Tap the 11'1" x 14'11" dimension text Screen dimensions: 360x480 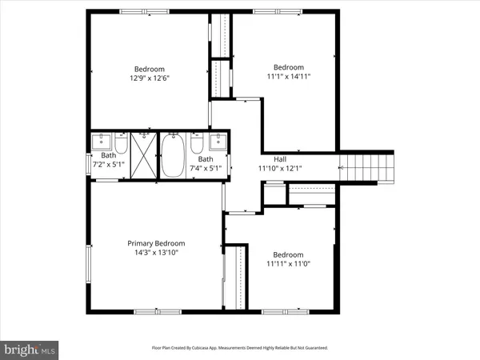tap(288, 77)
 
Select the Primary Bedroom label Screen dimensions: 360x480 tap(156, 243)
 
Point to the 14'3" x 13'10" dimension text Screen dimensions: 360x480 tap(156, 253)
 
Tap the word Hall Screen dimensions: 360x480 tap(280, 159)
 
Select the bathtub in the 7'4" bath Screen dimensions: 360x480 tap(174, 155)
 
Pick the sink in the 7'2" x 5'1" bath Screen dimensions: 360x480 tap(102, 143)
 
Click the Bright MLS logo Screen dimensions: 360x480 tap(30, 349)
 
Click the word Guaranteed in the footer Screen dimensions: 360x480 tap(313, 348)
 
